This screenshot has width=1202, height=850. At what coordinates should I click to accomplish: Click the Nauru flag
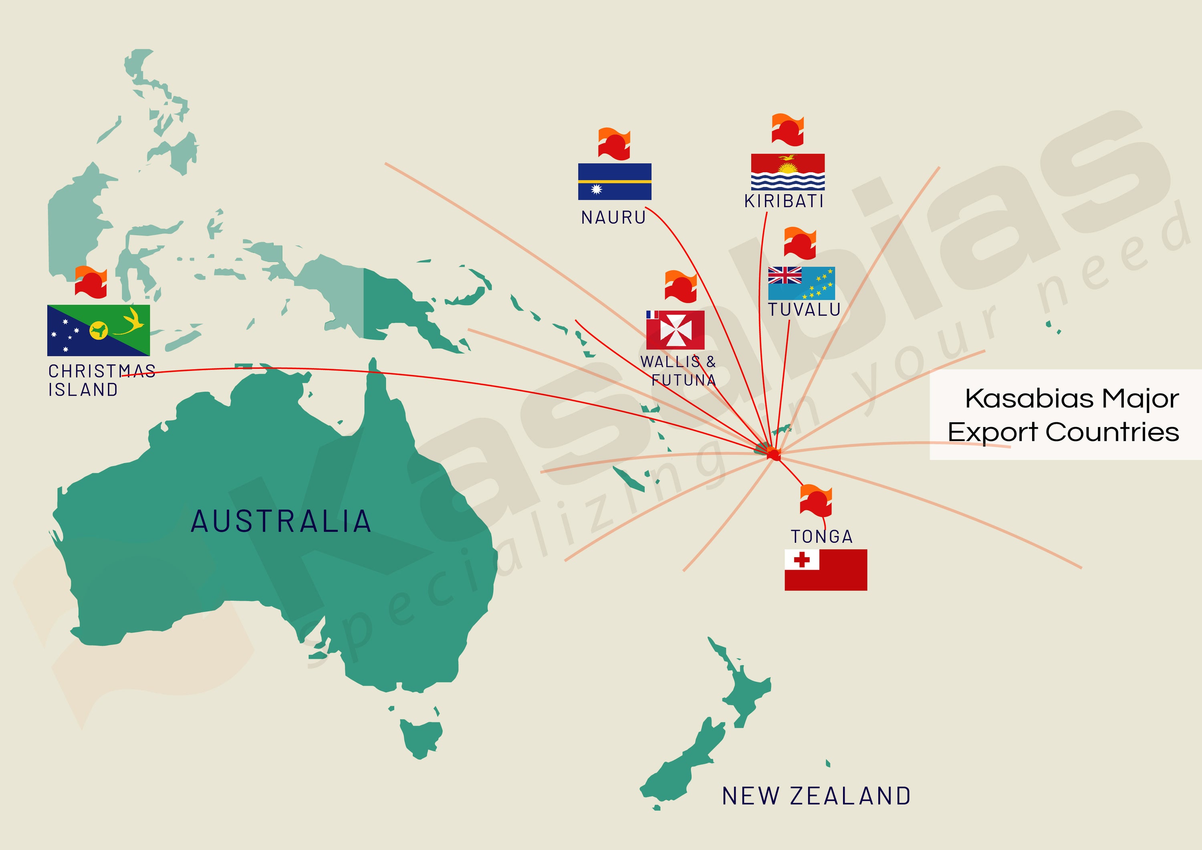615,181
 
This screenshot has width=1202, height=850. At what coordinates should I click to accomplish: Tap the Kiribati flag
787,172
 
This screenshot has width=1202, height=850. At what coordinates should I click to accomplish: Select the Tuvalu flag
801,283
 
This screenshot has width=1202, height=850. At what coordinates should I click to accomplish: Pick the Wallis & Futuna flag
676,330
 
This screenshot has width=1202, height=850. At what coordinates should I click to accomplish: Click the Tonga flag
826,570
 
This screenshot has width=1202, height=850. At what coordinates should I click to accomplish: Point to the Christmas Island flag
99,330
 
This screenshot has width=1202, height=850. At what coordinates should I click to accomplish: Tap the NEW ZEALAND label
816,796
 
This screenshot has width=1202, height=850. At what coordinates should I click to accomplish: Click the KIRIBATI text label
784,201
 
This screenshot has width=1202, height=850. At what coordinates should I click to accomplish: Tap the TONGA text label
821,536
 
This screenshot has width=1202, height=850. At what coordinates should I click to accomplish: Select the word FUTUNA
684,380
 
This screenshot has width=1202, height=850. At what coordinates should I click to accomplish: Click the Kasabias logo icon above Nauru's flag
614,143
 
